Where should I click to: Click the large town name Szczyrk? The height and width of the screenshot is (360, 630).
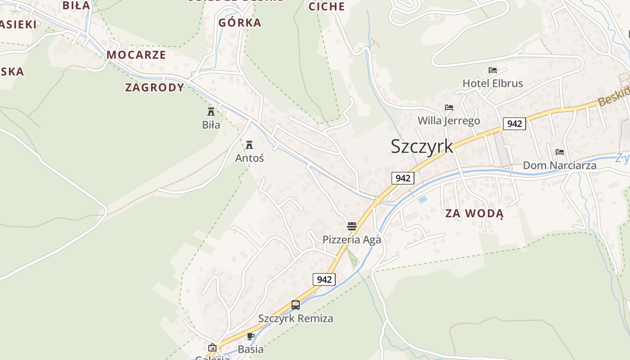[x=422, y=146]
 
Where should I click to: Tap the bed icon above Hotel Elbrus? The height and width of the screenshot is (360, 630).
[x=493, y=70]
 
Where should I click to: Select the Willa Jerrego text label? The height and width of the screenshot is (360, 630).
[x=449, y=121]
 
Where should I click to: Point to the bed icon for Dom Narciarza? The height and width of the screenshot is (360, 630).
[x=559, y=152]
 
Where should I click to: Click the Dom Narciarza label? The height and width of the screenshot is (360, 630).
[x=559, y=166]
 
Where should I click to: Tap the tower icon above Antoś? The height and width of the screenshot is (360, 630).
[x=249, y=145]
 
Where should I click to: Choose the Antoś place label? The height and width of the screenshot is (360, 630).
[x=249, y=158]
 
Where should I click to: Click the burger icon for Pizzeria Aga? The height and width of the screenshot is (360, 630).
[x=351, y=226]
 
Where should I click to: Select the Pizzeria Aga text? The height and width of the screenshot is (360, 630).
[x=351, y=239]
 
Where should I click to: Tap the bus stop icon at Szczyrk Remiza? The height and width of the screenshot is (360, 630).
[x=296, y=305]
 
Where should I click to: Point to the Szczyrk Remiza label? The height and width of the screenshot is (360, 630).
[x=296, y=319]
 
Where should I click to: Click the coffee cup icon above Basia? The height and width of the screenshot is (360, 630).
[x=251, y=336]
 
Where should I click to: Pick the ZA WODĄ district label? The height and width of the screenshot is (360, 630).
[x=474, y=214]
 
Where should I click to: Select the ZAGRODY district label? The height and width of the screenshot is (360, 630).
[x=155, y=87]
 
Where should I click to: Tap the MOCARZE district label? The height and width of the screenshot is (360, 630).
[x=136, y=55]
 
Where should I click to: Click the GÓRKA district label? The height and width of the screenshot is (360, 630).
[x=239, y=22]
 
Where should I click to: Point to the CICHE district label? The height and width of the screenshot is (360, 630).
[x=327, y=6]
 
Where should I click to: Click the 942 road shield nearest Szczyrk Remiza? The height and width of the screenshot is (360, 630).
[x=324, y=279]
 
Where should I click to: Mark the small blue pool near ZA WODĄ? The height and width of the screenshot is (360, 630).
[x=422, y=199]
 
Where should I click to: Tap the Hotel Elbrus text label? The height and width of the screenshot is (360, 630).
[x=493, y=83]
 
